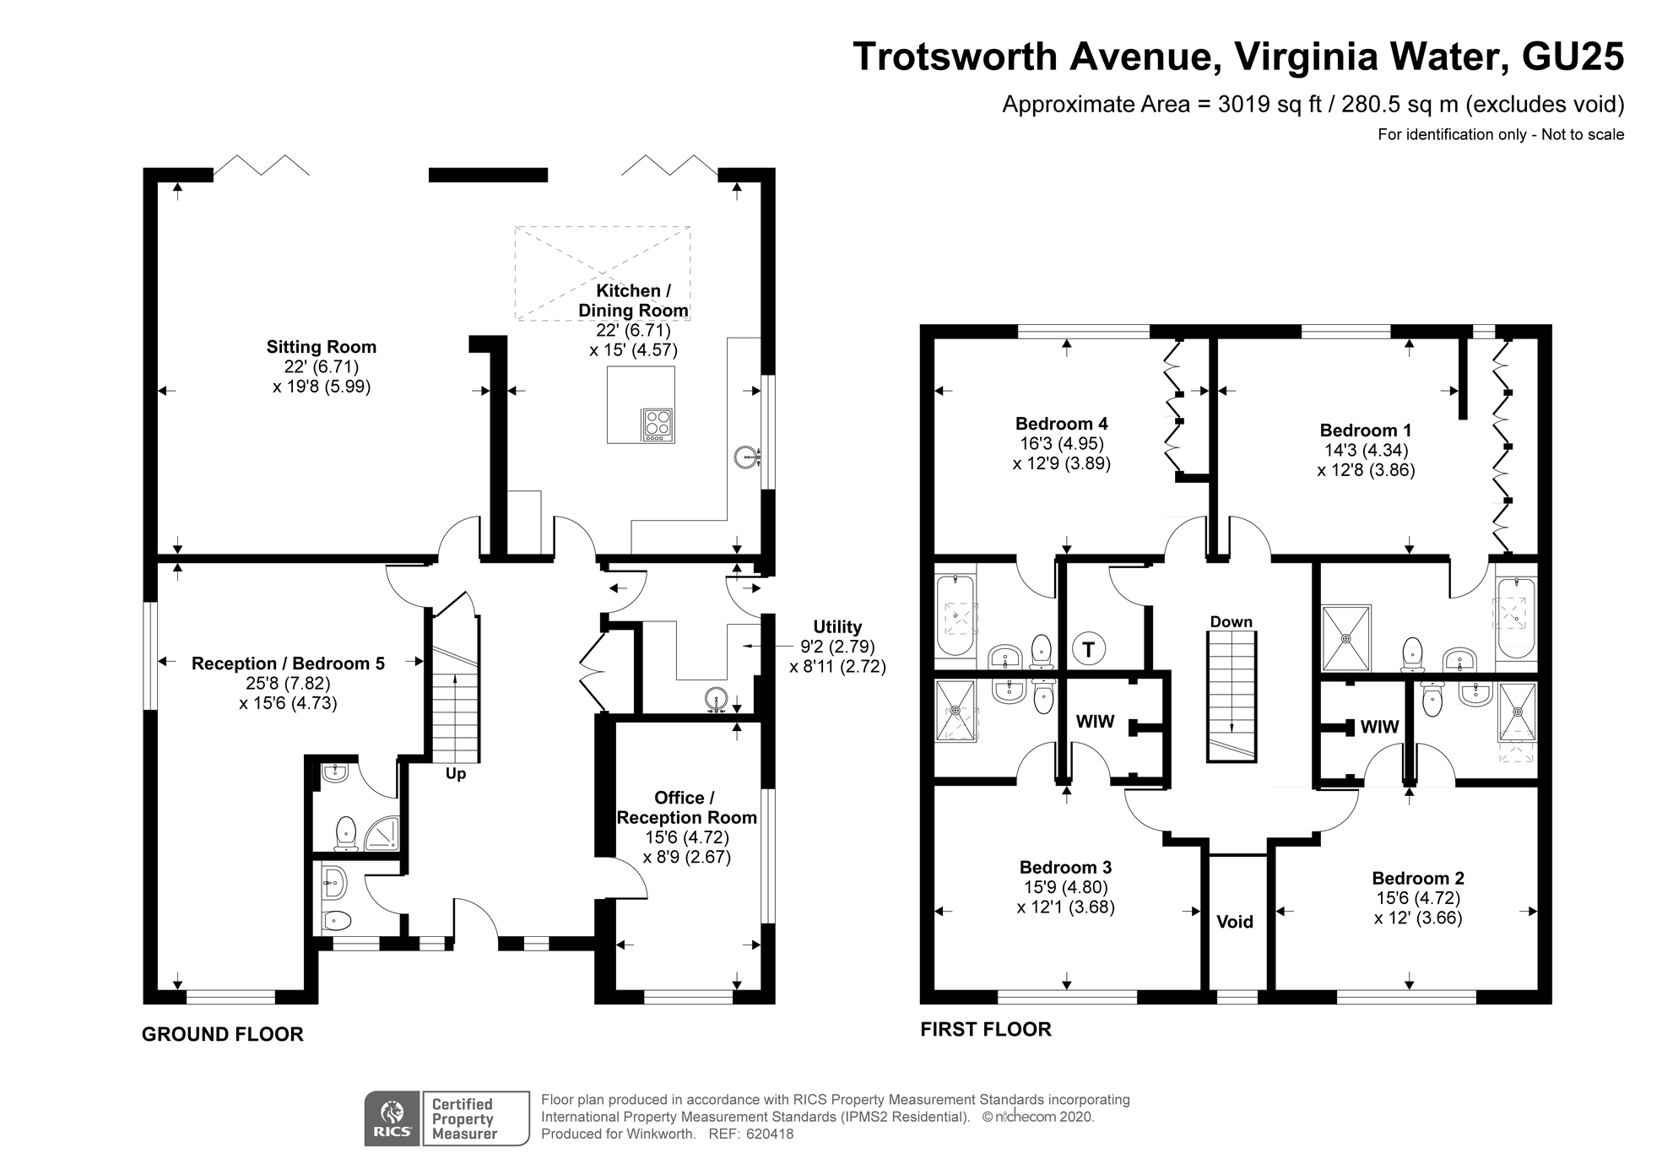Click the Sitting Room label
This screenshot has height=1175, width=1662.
point(322,347)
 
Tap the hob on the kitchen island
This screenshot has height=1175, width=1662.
point(658,425)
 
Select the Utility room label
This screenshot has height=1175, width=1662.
point(837,627)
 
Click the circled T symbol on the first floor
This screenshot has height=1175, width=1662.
point(1089,649)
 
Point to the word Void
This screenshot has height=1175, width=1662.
point(1235,922)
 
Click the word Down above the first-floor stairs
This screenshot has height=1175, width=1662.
point(1232,622)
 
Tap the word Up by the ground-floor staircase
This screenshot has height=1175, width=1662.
point(456,774)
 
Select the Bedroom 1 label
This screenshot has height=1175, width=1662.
point(1366,430)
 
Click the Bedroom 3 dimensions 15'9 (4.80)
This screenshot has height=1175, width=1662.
point(1066,887)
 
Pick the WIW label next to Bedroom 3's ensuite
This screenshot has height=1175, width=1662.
point(1095,722)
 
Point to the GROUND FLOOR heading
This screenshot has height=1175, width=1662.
point(223,1034)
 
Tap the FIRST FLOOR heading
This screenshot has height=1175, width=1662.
point(986,1029)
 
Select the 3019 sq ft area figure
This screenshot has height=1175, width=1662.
point(1270,105)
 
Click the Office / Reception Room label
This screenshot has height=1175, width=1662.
point(686,808)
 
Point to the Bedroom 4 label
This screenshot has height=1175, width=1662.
point(1062,424)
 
